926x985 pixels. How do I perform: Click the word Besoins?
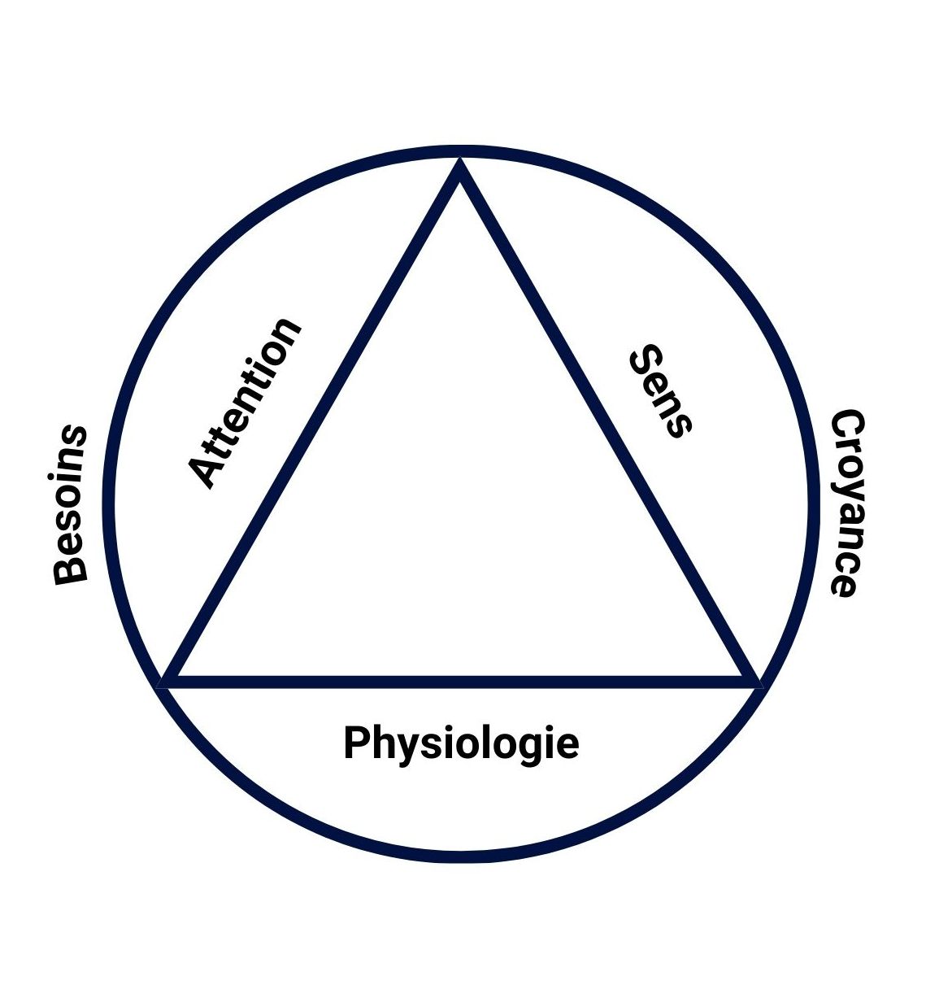click(70, 504)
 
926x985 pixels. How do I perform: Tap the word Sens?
click(660, 391)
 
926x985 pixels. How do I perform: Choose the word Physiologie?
click(460, 743)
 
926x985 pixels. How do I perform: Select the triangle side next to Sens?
click(606, 423)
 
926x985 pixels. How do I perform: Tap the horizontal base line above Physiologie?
click(460, 682)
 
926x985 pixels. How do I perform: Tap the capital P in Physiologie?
click(356, 742)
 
